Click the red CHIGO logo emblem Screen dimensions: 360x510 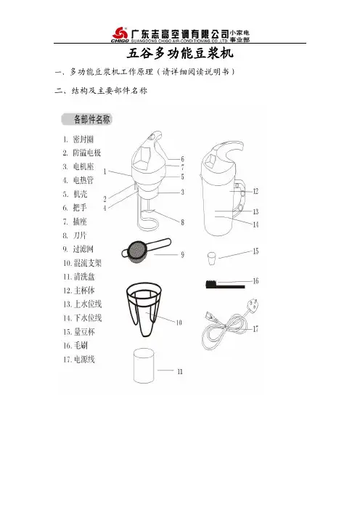pos(120,33)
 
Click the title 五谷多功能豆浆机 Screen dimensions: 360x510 pos(180,53)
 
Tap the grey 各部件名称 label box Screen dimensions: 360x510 pos(87,119)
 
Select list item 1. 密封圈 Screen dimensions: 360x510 pos(78,139)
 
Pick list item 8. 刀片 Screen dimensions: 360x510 pos(75,235)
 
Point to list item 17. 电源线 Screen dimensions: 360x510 pos(79,360)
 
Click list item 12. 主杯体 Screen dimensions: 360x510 pos(79,290)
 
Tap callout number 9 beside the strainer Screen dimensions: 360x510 pos(183,255)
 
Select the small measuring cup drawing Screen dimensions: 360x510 pos(211,258)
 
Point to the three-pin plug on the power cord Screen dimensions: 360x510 pos(252,307)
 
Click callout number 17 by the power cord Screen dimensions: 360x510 pos(255,329)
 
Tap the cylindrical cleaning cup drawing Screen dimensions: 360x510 pos(144,366)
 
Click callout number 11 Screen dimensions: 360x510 pos(180,371)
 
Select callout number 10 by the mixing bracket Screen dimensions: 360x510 pos(179,323)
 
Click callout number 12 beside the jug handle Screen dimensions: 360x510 pos(255,191)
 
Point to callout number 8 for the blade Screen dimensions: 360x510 pos(183,222)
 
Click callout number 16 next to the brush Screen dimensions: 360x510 pos(255,280)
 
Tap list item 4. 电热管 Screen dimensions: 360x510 pos(78,180)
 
